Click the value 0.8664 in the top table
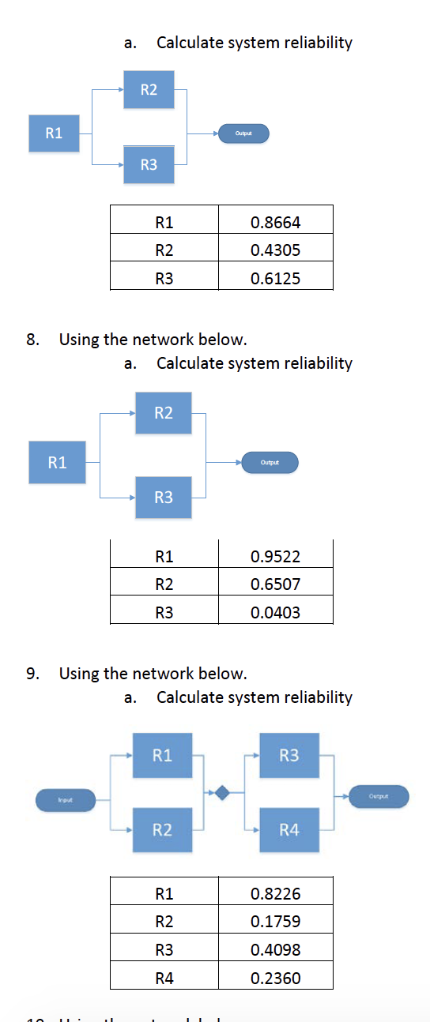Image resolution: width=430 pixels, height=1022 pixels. (x=275, y=223)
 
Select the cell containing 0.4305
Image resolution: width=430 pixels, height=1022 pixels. (x=275, y=250)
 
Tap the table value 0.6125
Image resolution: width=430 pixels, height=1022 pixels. (x=275, y=278)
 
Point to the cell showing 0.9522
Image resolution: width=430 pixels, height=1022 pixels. (x=275, y=557)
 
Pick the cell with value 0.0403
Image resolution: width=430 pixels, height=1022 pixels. (x=275, y=612)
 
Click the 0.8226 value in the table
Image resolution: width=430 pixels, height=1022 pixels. (x=275, y=894)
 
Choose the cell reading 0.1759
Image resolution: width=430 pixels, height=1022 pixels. (x=275, y=922)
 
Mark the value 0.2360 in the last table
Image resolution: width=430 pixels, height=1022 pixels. (x=275, y=978)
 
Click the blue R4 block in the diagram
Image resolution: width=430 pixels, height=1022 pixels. (x=289, y=829)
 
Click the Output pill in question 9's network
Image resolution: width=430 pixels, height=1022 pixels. (x=379, y=796)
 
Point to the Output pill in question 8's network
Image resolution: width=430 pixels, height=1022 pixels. (x=270, y=462)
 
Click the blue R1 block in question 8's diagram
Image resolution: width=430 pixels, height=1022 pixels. (x=57, y=462)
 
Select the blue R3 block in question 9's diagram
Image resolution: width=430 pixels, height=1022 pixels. (x=289, y=755)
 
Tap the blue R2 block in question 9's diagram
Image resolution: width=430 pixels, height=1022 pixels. (x=162, y=829)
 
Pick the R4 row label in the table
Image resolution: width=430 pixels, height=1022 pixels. (x=164, y=978)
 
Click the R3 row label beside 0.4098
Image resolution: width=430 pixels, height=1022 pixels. (x=164, y=950)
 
